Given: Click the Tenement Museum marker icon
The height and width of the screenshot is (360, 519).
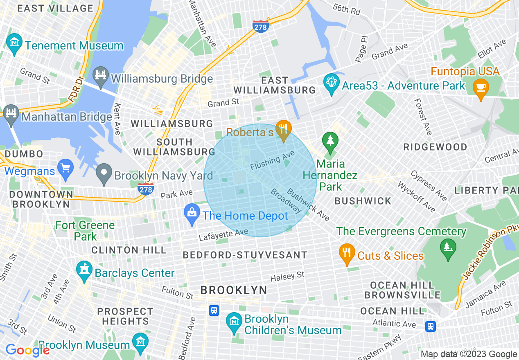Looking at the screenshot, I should click(15, 43).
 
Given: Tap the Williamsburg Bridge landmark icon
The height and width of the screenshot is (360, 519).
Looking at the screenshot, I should click(100, 76).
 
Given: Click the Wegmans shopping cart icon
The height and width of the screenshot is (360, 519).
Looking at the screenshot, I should click(65, 168).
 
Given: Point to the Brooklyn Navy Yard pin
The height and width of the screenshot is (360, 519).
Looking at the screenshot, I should click(104, 173).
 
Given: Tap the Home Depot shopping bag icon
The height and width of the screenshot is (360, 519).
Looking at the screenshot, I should click(192, 213).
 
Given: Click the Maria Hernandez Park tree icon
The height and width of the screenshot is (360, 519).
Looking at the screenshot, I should click(330, 141).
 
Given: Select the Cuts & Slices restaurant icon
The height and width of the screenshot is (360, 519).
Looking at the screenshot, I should click(347, 253).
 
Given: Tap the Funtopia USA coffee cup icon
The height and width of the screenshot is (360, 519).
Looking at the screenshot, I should click(481, 88).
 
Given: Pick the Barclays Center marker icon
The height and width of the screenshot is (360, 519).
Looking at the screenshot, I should click(84, 270).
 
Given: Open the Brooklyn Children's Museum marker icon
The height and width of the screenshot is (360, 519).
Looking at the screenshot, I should click(234, 322).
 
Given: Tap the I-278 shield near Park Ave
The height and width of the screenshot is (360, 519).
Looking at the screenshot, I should click(146, 189).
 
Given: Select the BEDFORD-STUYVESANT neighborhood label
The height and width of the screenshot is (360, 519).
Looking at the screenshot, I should click(245, 255).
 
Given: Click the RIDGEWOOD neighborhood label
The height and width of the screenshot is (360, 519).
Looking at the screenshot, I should click(435, 147).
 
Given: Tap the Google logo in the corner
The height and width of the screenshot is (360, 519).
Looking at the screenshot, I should click(27, 351).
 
